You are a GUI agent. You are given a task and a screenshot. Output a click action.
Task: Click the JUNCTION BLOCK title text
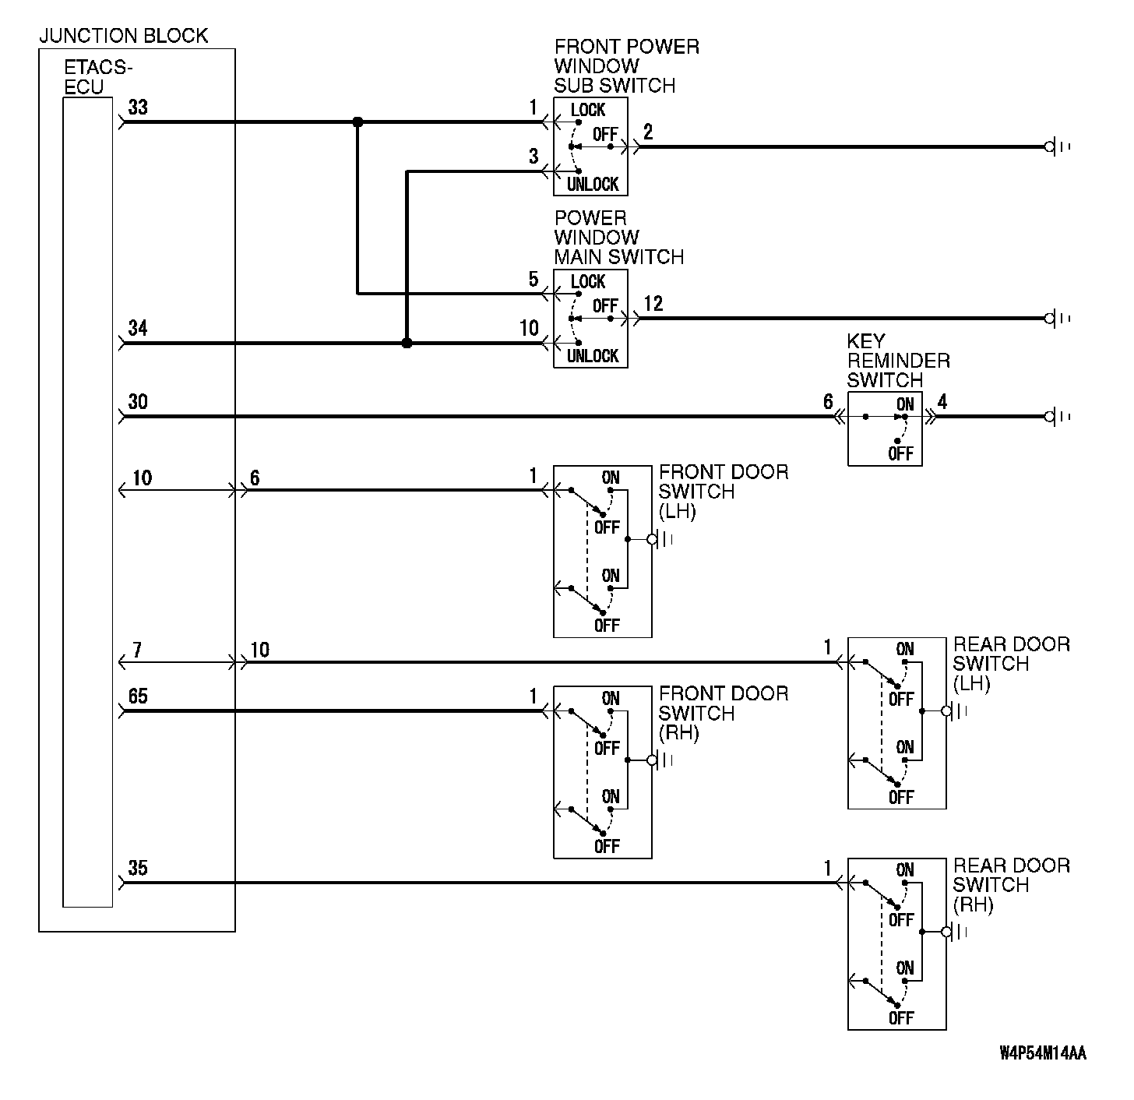click(x=123, y=36)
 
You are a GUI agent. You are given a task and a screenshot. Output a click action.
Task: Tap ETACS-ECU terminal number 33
click(x=138, y=107)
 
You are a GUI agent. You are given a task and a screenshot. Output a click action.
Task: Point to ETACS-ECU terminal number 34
click(x=138, y=328)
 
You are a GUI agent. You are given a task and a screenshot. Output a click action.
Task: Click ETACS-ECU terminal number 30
click(x=138, y=402)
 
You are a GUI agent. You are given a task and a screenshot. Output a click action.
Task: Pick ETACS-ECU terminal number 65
click(x=138, y=696)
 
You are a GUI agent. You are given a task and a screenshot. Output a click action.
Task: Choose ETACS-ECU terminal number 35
click(x=138, y=868)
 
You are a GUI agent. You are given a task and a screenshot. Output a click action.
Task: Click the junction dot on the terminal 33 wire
click(x=357, y=122)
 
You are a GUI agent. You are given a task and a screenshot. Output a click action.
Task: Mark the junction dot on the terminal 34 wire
click(x=407, y=343)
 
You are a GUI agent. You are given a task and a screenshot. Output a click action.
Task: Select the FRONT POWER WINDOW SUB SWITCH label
click(x=626, y=66)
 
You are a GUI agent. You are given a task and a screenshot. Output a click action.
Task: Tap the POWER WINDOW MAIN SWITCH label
click(x=618, y=238)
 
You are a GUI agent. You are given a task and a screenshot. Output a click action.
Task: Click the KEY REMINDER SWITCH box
click(x=885, y=429)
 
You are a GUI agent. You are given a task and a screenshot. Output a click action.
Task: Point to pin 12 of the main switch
click(x=653, y=304)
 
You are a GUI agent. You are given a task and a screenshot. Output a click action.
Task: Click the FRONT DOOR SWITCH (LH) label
click(x=723, y=492)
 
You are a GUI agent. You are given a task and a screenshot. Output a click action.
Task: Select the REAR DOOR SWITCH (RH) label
click(x=1011, y=885)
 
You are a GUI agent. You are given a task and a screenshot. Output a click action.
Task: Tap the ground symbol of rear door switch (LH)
click(x=955, y=710)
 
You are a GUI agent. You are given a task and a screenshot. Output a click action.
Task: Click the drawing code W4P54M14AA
click(x=1043, y=1054)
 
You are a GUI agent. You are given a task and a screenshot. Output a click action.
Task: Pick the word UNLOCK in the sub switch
click(x=592, y=185)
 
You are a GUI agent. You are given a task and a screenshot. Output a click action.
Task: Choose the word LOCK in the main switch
click(x=587, y=281)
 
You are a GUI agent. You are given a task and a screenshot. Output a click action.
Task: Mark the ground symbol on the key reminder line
click(x=1056, y=417)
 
